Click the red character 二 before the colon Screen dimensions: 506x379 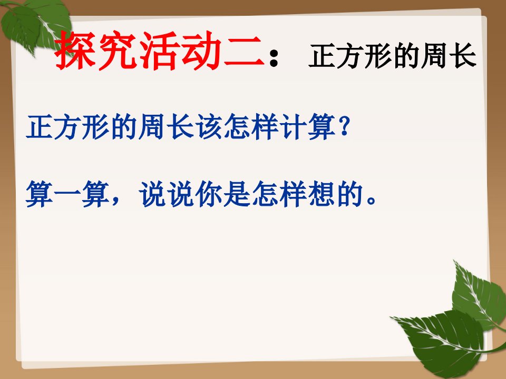tap(244, 52)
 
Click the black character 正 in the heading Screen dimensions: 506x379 tap(322, 55)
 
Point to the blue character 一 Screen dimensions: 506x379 tap(67, 193)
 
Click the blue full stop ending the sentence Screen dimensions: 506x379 tap(371, 201)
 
